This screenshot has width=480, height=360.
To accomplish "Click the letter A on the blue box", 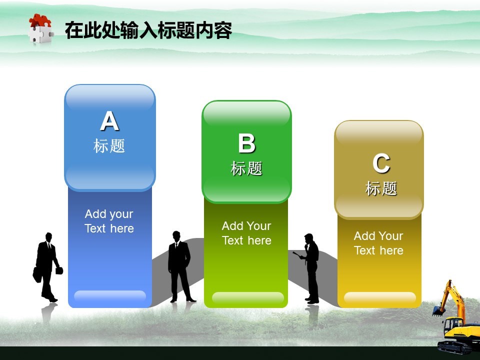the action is (x=109, y=120).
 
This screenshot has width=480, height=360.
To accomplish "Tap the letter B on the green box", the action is (x=246, y=143).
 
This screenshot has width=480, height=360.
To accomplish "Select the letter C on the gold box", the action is (x=381, y=163).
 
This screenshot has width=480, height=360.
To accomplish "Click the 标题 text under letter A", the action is (x=109, y=145).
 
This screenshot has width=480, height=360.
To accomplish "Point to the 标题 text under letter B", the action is (x=246, y=168).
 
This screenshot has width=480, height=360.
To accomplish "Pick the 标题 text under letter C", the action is (x=381, y=188).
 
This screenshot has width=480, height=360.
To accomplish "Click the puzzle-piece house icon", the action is (x=41, y=28).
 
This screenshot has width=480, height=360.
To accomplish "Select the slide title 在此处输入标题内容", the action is (x=148, y=30).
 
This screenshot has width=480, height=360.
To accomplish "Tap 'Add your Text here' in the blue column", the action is (x=109, y=221).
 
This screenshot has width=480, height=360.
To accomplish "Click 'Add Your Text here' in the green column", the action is (x=246, y=233).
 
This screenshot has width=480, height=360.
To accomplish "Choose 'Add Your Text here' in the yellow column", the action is (x=378, y=243).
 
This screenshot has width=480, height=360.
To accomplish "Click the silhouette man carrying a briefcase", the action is (x=47, y=267).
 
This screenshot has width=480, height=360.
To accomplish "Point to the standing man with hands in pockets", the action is (x=180, y=266).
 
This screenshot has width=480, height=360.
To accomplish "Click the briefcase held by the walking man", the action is (x=37, y=275).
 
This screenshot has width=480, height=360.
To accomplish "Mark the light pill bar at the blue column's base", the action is (x=110, y=296).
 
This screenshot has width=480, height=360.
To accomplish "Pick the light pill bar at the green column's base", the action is (x=247, y=297).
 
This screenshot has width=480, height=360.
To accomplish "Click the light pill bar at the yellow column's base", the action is (x=380, y=297).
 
